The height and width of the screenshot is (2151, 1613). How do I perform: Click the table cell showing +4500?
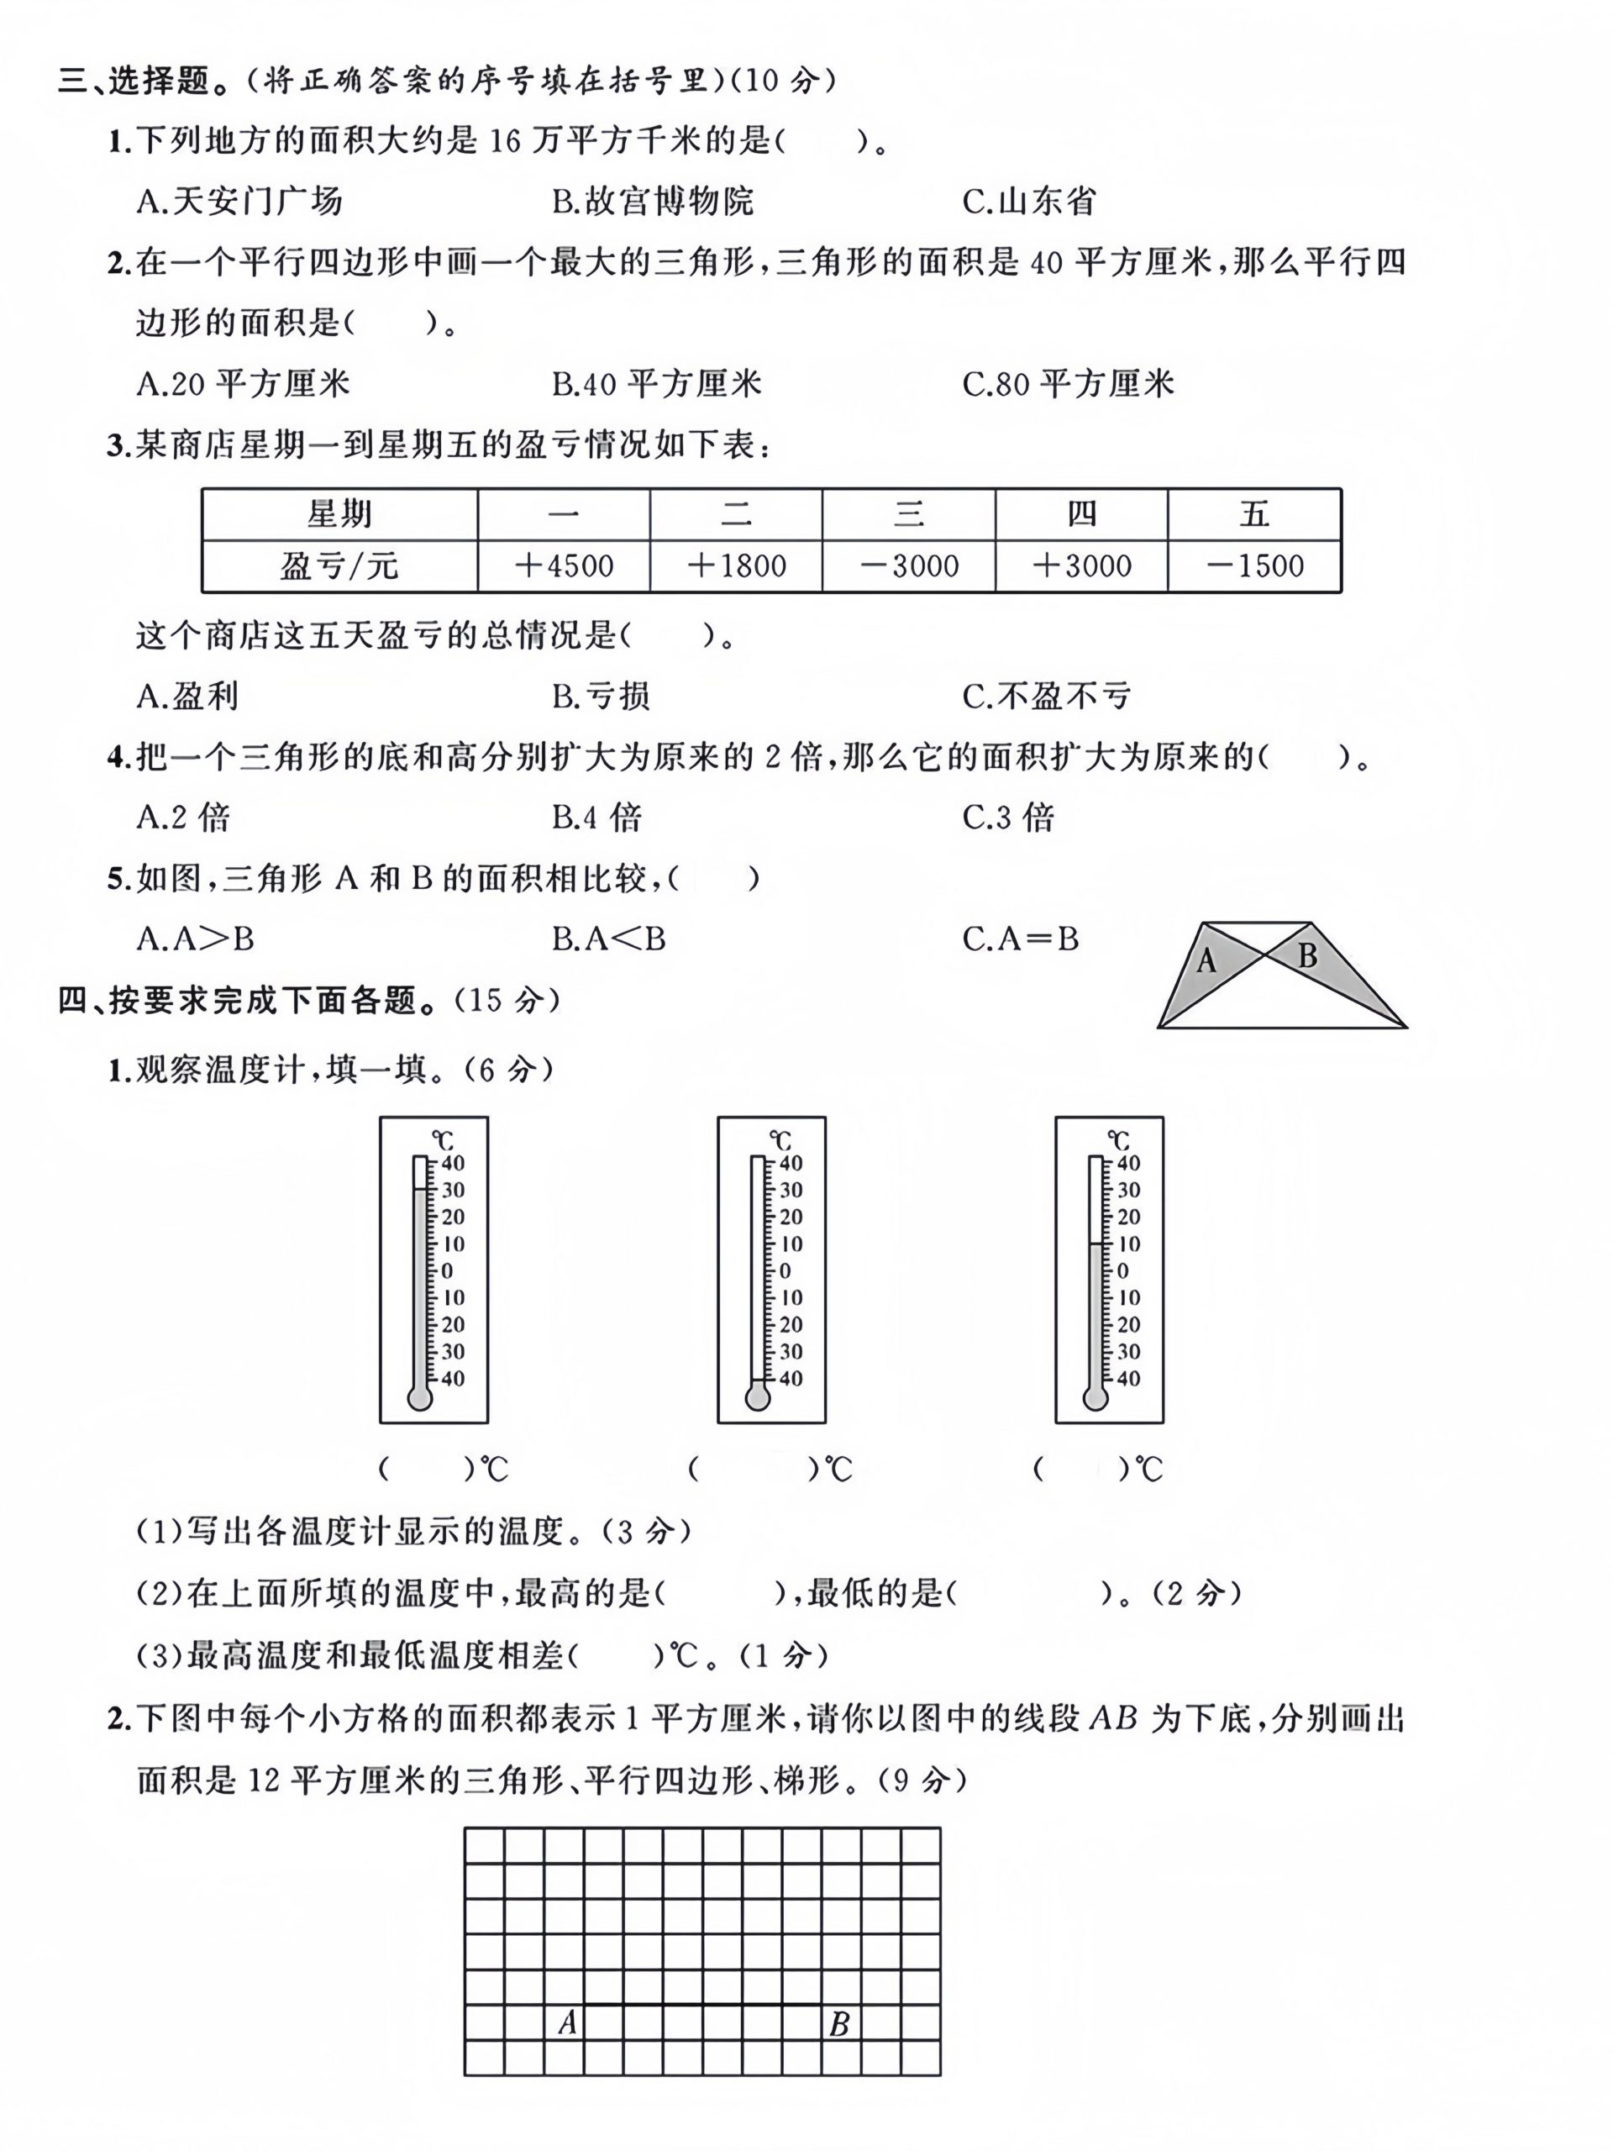(564, 566)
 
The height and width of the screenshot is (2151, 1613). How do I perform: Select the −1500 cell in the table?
(1254, 566)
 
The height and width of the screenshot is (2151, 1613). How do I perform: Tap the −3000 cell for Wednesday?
(909, 566)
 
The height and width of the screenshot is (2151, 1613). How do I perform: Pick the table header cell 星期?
(339, 513)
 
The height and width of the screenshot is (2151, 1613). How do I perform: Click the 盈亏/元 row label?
(339, 566)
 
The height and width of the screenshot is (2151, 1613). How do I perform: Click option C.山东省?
(1028, 202)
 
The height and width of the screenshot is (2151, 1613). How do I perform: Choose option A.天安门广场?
(239, 202)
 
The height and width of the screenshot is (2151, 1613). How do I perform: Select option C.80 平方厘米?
(1068, 384)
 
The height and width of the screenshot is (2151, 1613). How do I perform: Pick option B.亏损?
(601, 697)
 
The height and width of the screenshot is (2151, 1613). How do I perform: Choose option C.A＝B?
(1020, 939)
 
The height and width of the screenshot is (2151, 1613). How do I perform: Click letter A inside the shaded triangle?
(1206, 962)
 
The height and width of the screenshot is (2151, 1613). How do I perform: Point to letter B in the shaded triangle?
(1306, 956)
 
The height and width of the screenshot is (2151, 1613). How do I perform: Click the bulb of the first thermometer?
(419, 1398)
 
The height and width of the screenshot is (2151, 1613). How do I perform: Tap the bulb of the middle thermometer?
(756, 1398)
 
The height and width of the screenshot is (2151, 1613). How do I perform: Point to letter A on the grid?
(568, 2023)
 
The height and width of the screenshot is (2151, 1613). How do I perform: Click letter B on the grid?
(838, 2023)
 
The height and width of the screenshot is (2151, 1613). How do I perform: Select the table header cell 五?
(1254, 513)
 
